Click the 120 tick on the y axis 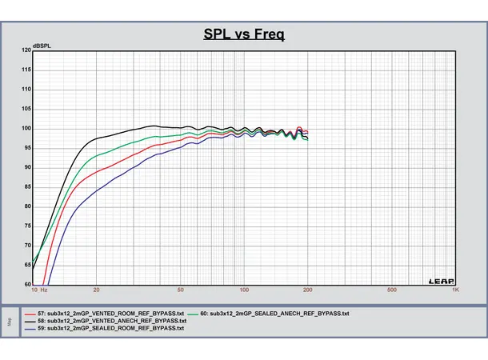tap(26, 50)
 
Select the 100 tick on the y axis tap(26, 128)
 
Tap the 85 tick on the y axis tap(27, 186)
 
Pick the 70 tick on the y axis tap(27, 245)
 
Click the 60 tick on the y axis tap(27, 284)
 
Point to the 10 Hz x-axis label tap(39, 290)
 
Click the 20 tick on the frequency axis tap(96, 290)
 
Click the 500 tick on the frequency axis tap(392, 290)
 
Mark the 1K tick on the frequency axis tap(455, 290)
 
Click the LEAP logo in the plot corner tap(440, 280)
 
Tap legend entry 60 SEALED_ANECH tap(272, 314)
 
